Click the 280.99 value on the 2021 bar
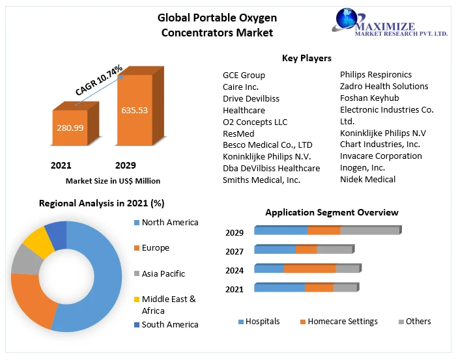[70, 128]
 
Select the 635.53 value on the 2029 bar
[134, 110]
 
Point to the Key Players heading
[306, 59]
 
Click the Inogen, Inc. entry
[362, 167]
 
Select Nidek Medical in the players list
[367, 179]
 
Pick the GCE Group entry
[244, 75]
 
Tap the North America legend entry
[169, 223]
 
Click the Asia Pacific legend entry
[163, 273]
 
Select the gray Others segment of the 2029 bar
[369, 230]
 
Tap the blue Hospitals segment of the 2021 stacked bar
[279, 288]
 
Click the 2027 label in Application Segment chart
[235, 251]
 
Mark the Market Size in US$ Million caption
[113, 181]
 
